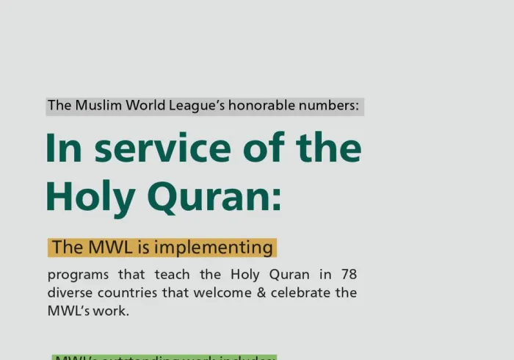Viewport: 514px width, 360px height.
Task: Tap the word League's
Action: point(197,105)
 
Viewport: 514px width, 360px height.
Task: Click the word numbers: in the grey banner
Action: point(331,105)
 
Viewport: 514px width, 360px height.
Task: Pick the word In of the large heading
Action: point(63,148)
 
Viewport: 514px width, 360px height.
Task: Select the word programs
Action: point(77,275)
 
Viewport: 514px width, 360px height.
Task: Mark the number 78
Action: point(348,275)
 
